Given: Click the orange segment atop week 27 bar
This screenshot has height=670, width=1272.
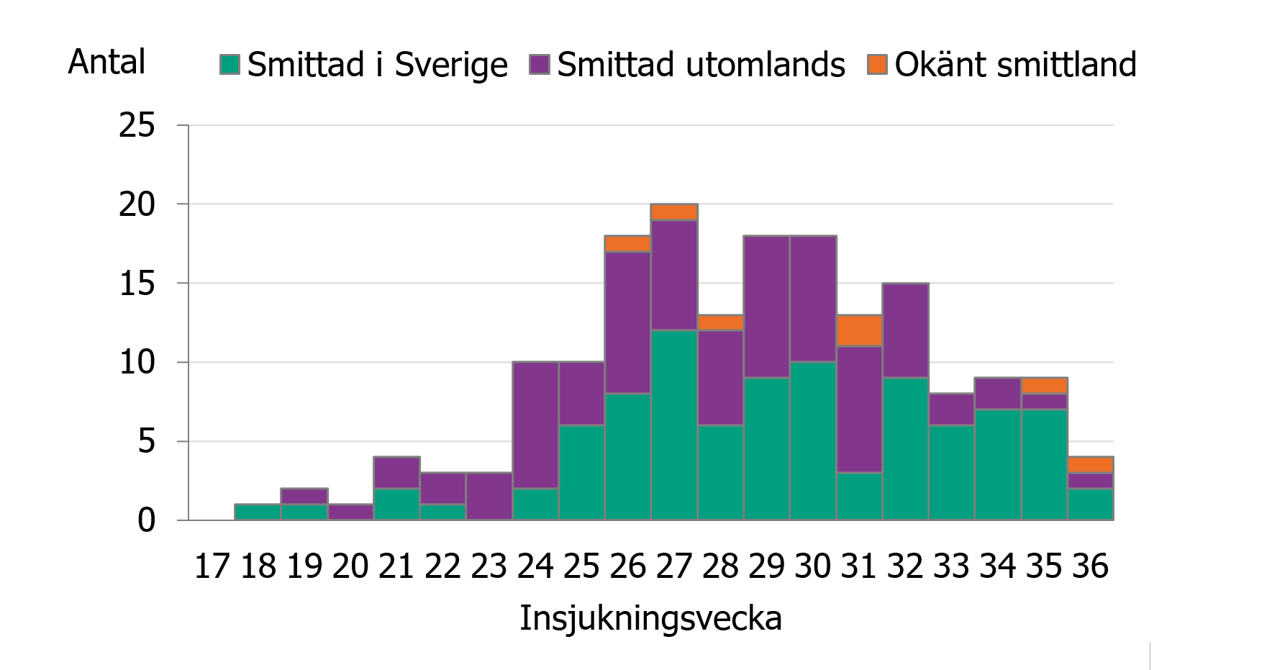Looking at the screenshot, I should (x=674, y=212).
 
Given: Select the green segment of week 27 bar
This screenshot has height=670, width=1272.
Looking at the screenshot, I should (x=674, y=425).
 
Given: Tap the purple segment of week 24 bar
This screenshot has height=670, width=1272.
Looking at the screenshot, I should (x=535, y=425).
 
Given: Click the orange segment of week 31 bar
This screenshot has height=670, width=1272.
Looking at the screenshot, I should (x=859, y=330).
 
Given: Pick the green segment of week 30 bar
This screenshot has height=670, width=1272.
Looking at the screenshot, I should (x=813, y=440).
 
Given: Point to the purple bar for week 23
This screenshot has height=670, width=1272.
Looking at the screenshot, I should (x=489, y=496).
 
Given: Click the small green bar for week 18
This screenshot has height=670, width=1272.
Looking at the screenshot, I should (x=258, y=512).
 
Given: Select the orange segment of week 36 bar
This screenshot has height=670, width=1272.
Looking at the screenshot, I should (x=1090, y=464).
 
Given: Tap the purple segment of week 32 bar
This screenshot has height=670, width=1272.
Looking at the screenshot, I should (x=905, y=330).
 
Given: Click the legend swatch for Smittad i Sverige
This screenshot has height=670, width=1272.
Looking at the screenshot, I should (x=230, y=65).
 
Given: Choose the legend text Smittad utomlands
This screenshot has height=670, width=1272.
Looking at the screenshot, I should (x=701, y=65).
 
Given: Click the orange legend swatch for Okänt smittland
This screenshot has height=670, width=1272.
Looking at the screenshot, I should (x=877, y=65).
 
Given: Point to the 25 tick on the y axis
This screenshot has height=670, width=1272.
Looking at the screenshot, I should (x=137, y=126).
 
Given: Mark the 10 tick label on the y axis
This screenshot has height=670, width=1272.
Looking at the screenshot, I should (x=137, y=362).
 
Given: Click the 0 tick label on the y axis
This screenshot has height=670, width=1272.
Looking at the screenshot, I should (x=146, y=520).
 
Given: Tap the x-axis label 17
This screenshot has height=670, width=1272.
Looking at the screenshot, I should (x=212, y=566).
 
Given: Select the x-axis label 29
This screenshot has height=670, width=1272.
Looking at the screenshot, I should (x=766, y=566).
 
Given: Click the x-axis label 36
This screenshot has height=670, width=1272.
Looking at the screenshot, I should (x=1090, y=566).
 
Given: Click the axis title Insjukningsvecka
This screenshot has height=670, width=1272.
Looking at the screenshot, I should (x=650, y=618).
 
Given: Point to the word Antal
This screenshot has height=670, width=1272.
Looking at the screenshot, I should (x=106, y=62).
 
